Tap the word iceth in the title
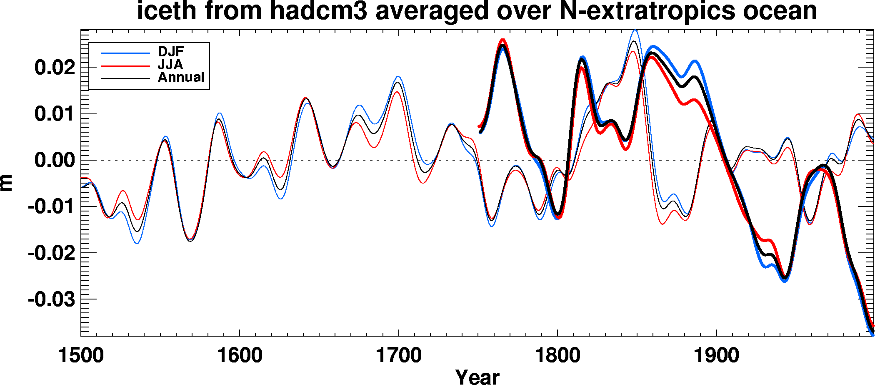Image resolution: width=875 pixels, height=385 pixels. click(166, 11)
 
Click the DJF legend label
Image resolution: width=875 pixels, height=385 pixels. click(171, 52)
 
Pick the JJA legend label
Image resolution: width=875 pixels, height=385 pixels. click(170, 65)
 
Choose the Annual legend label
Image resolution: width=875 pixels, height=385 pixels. click(181, 77)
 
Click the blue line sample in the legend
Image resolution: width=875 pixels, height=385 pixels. click(125, 53)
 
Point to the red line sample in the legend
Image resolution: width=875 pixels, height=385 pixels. click(125, 66)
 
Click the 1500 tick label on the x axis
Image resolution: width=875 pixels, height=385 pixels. click(81, 356)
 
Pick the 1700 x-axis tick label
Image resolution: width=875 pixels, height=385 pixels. click(399, 356)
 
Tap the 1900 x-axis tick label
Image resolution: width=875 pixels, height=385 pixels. click(717, 356)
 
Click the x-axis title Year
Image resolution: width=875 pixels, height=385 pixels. click(477, 377)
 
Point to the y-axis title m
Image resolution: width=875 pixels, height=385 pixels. click(7, 183)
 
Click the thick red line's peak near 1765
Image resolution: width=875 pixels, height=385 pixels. click(502, 40)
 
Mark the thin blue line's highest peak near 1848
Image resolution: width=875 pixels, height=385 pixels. click(635, 30)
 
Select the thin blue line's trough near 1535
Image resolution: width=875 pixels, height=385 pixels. click(137, 243)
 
